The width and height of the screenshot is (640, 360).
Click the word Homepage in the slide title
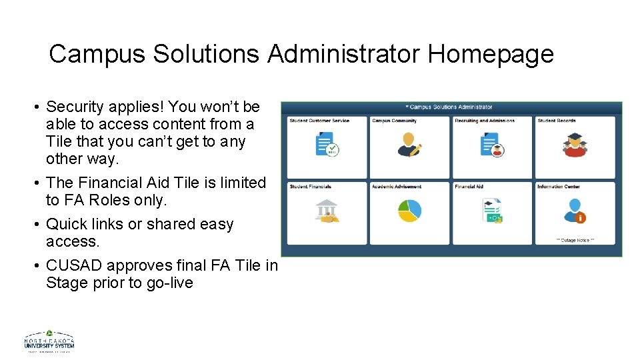491,54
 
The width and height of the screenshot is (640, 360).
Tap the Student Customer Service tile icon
326,144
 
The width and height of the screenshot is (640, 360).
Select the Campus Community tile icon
409,144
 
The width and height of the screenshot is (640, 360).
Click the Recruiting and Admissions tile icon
491,144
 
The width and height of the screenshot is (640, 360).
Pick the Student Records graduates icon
575,144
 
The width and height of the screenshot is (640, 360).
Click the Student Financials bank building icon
326,211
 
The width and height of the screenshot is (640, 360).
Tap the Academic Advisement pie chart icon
409,211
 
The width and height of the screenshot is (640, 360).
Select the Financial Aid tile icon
492,211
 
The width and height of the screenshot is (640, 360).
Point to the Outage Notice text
574,240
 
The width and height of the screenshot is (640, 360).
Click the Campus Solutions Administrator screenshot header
451,107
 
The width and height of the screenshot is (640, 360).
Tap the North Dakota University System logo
49,341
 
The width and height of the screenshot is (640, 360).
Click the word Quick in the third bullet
65,224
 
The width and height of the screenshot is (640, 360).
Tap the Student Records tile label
557,121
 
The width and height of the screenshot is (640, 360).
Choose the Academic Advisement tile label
397,187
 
